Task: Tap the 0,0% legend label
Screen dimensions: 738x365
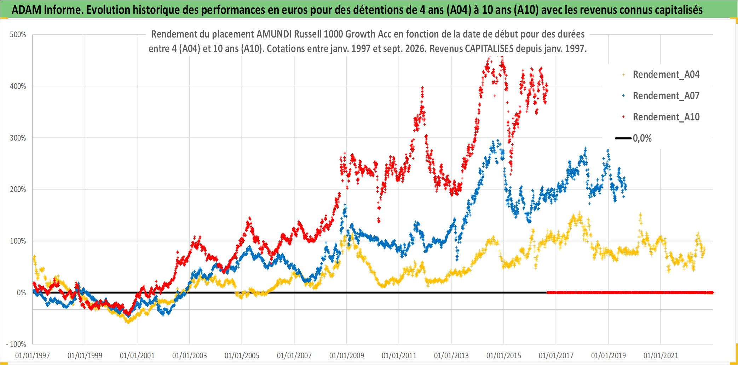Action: [642, 138]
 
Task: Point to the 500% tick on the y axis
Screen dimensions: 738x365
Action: [18, 35]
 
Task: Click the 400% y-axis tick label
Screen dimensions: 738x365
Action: [18, 86]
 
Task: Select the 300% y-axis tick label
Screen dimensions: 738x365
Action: [18, 138]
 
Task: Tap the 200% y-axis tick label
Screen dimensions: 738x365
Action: [18, 189]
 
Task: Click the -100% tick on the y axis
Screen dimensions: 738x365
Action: [16, 344]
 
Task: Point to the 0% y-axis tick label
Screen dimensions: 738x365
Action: [22, 293]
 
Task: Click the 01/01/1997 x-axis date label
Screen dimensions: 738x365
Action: [33, 355]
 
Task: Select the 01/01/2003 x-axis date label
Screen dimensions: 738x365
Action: [190, 355]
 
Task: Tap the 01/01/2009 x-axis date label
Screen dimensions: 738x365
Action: [347, 355]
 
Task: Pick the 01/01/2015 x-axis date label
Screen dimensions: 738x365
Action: [504, 355]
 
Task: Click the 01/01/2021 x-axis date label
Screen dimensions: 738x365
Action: [661, 355]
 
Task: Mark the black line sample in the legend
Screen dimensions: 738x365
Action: [623, 138]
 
